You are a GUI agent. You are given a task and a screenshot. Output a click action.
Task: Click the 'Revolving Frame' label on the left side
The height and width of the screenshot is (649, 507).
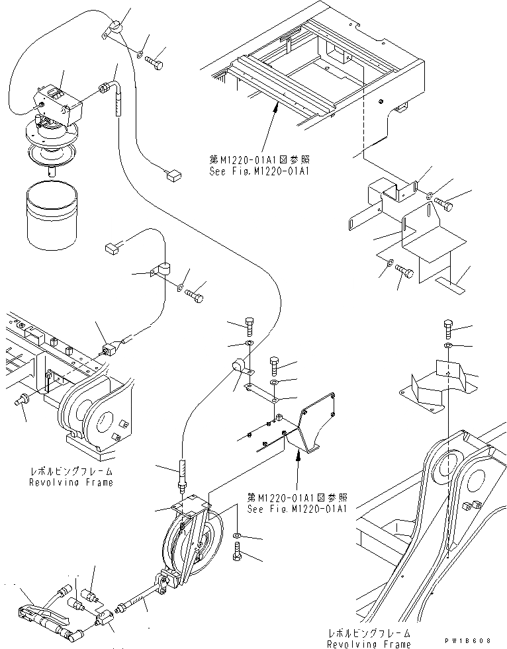[x=71, y=482]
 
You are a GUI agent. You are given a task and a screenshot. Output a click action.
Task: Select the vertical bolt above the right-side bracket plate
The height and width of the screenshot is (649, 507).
[x=448, y=327]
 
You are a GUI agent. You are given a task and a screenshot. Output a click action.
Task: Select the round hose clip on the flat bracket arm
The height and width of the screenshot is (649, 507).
[x=238, y=366]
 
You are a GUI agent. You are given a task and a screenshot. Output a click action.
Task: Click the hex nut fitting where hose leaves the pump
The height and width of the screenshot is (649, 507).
[x=105, y=87]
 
